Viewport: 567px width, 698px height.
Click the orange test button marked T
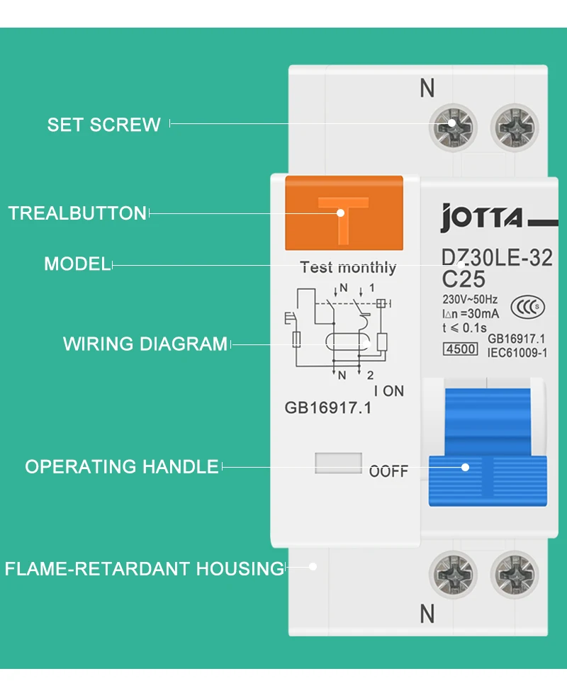point(344,213)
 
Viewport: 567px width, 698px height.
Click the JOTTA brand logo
point(482,218)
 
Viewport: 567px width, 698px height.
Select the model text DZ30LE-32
point(497,258)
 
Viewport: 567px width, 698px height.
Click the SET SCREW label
point(104,125)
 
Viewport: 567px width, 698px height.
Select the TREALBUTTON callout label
point(77,213)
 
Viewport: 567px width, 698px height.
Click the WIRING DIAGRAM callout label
point(145,344)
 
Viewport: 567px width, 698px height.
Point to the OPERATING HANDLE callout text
point(122,467)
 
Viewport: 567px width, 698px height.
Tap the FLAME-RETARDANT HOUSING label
point(144,568)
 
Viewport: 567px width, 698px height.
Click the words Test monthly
point(348,267)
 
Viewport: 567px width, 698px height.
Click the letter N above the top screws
point(427,89)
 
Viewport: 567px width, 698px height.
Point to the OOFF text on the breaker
point(388,471)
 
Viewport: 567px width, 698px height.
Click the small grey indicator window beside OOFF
point(337,463)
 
